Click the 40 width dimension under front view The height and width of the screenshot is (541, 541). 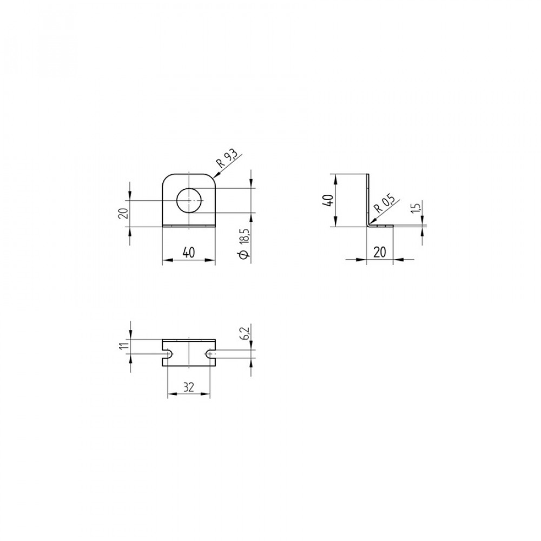tap(189, 253)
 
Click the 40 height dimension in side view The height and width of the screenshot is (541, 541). tap(328, 200)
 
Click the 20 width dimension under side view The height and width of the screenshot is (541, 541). tap(380, 253)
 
